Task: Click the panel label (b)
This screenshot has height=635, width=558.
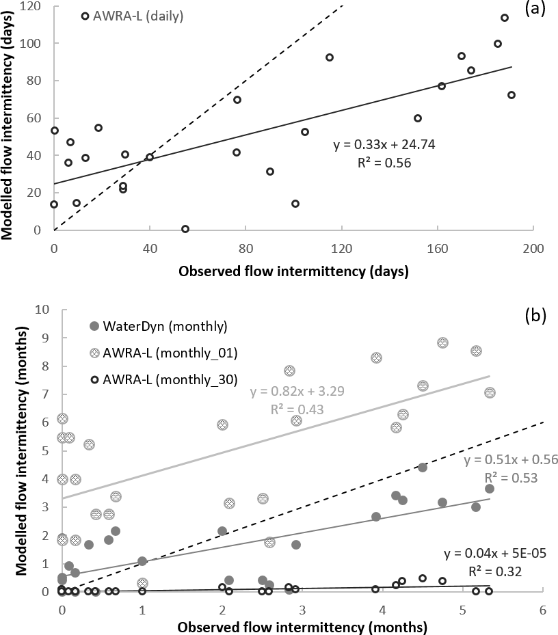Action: pyautogui.click(x=535, y=316)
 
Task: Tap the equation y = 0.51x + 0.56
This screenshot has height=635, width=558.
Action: pyautogui.click(x=511, y=460)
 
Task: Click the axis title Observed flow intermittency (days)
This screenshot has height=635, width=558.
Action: pyautogui.click(x=293, y=271)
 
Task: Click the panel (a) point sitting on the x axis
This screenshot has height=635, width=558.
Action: pyautogui.click(x=185, y=229)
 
